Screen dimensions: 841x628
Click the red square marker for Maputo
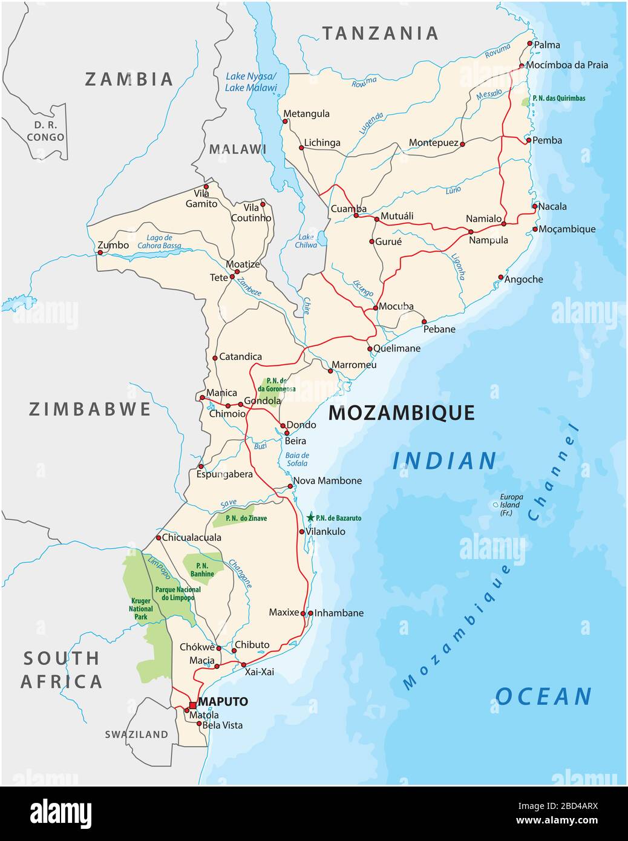point(192,705)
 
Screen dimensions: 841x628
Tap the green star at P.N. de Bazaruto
point(310,517)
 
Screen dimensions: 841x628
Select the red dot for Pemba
point(528,140)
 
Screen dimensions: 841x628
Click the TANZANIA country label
point(379,33)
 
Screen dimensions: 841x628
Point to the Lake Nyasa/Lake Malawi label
point(250,82)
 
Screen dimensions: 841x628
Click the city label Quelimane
point(397,349)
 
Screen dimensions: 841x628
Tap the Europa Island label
point(510,505)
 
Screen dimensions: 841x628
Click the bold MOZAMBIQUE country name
point(401,413)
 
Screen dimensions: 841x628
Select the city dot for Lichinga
point(301,147)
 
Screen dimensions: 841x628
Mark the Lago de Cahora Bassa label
point(159,242)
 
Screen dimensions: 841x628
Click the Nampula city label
point(488,240)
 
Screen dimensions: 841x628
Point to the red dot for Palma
point(529,44)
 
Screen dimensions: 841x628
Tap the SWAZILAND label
point(136,735)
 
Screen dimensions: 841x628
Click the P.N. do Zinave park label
point(246,519)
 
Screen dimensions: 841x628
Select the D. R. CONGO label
point(45,131)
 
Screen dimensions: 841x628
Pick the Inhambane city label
point(339,613)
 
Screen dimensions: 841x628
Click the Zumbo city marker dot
point(100,252)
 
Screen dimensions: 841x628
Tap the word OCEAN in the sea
point(543,696)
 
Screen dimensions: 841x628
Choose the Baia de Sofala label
point(297,459)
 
